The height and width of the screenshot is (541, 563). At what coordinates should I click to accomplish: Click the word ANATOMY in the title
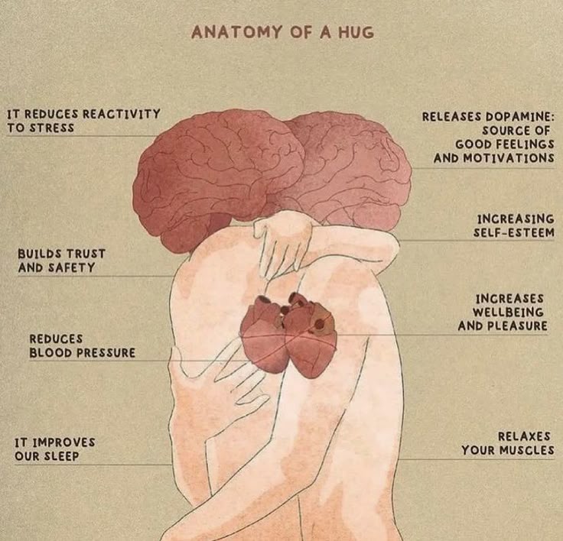coord(237,32)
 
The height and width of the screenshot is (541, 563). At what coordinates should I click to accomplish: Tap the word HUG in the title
coord(356,32)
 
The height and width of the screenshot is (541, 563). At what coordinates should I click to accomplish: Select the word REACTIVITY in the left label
coord(122,114)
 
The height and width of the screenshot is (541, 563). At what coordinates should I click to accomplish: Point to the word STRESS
coord(52,128)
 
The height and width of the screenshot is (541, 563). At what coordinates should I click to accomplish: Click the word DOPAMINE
coord(520,117)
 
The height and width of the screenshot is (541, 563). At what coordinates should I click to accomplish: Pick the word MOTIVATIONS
coord(509,158)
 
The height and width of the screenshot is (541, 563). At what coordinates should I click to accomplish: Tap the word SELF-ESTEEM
coord(514,232)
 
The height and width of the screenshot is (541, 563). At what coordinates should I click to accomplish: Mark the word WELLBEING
coord(508,312)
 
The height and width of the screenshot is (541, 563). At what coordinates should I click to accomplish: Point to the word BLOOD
coord(50,353)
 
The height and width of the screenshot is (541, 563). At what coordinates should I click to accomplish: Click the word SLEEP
coord(61,456)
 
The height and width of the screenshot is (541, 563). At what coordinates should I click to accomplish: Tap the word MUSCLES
coord(528,450)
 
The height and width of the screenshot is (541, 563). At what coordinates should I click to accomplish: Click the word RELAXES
coord(524,436)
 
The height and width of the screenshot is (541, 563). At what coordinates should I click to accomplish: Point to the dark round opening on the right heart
coord(318,325)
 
